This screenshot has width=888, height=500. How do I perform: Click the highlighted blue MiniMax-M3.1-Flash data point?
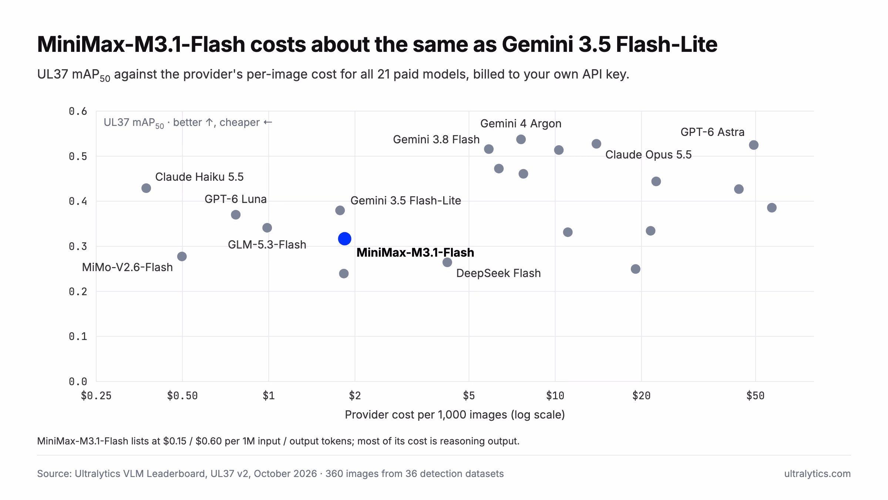[344, 239]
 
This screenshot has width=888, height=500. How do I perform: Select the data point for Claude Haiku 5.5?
[146, 188]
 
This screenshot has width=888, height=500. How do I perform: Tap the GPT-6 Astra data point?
[754, 145]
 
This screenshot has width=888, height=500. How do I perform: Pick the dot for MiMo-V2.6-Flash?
[182, 256]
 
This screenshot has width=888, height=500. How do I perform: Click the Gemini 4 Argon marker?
[521, 139]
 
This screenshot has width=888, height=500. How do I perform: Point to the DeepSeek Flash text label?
[498, 273]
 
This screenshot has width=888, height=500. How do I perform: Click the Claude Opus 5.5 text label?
[648, 154]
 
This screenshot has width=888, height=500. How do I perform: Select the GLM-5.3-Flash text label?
[267, 244]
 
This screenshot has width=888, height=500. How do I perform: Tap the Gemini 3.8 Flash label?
[436, 139]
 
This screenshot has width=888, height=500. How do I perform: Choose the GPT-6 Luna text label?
[236, 199]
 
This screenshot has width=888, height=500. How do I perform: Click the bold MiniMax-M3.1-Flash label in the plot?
[415, 253]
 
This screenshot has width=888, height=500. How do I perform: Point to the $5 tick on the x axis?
[469, 396]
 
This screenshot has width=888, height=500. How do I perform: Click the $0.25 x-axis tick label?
[96, 396]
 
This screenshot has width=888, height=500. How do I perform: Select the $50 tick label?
[755, 396]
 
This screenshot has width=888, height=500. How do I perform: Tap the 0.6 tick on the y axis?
[78, 111]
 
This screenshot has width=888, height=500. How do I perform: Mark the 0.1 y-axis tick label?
[78, 336]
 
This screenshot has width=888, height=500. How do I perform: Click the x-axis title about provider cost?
[455, 415]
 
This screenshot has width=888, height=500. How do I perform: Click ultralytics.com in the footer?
[817, 474]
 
